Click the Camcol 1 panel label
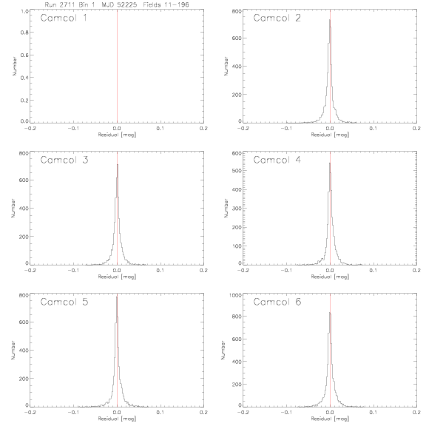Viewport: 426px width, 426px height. [64, 18]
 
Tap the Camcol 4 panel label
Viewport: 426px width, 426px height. [277, 160]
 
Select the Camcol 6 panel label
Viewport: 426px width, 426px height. [277, 302]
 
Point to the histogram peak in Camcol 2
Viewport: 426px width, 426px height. [330, 19]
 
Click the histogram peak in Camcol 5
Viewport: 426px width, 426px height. [117, 297]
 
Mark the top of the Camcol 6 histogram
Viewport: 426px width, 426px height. [330, 312]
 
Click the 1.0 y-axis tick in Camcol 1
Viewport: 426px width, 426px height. [24, 11]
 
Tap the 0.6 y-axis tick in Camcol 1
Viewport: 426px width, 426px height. [24, 55]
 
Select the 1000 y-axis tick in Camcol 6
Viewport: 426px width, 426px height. [235, 295]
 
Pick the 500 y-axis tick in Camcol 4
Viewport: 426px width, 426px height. [237, 170]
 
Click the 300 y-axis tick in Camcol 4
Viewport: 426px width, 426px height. [237, 208]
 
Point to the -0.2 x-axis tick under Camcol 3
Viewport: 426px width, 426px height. [30, 271]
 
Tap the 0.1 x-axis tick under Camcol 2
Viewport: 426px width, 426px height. [373, 128]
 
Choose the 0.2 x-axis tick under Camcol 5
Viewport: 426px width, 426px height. [204, 412]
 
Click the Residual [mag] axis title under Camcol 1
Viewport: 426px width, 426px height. [117, 135]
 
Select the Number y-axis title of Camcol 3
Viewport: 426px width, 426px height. [13, 209]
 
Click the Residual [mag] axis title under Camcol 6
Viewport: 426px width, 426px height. [330, 419]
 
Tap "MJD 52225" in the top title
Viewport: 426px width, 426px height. [119, 4]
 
